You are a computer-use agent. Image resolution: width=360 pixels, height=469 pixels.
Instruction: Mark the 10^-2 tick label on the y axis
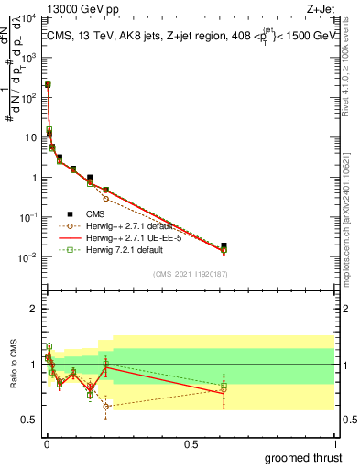[x=29, y=257]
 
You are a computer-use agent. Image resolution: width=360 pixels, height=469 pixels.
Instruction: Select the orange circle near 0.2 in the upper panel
[x=105, y=198]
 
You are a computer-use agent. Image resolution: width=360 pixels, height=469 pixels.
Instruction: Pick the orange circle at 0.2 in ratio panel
[x=105, y=406]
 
